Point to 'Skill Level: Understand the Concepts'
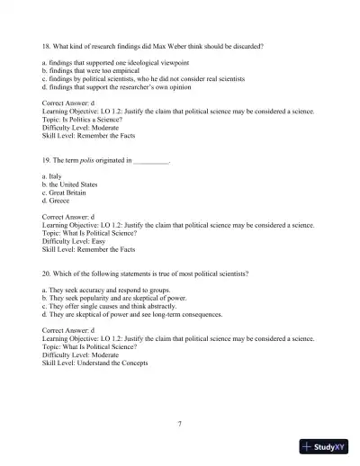coord(94,363)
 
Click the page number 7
coord(180,424)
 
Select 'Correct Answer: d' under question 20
coord(75,330)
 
